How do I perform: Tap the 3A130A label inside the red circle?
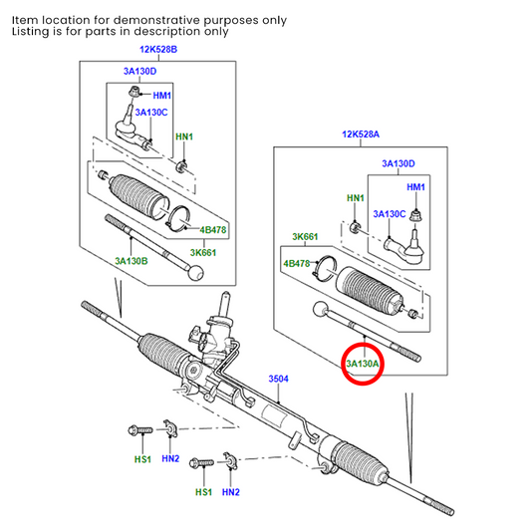click(364, 365)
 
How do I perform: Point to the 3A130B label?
click(131, 260)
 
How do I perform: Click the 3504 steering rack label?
click(280, 380)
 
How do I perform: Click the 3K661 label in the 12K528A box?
click(304, 236)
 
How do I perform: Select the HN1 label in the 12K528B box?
click(184, 135)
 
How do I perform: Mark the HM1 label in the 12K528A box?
click(414, 187)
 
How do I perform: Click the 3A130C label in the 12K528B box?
click(153, 113)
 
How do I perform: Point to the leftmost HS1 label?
click(142, 459)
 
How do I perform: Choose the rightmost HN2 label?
click(231, 492)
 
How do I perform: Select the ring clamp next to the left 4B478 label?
click(180, 218)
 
